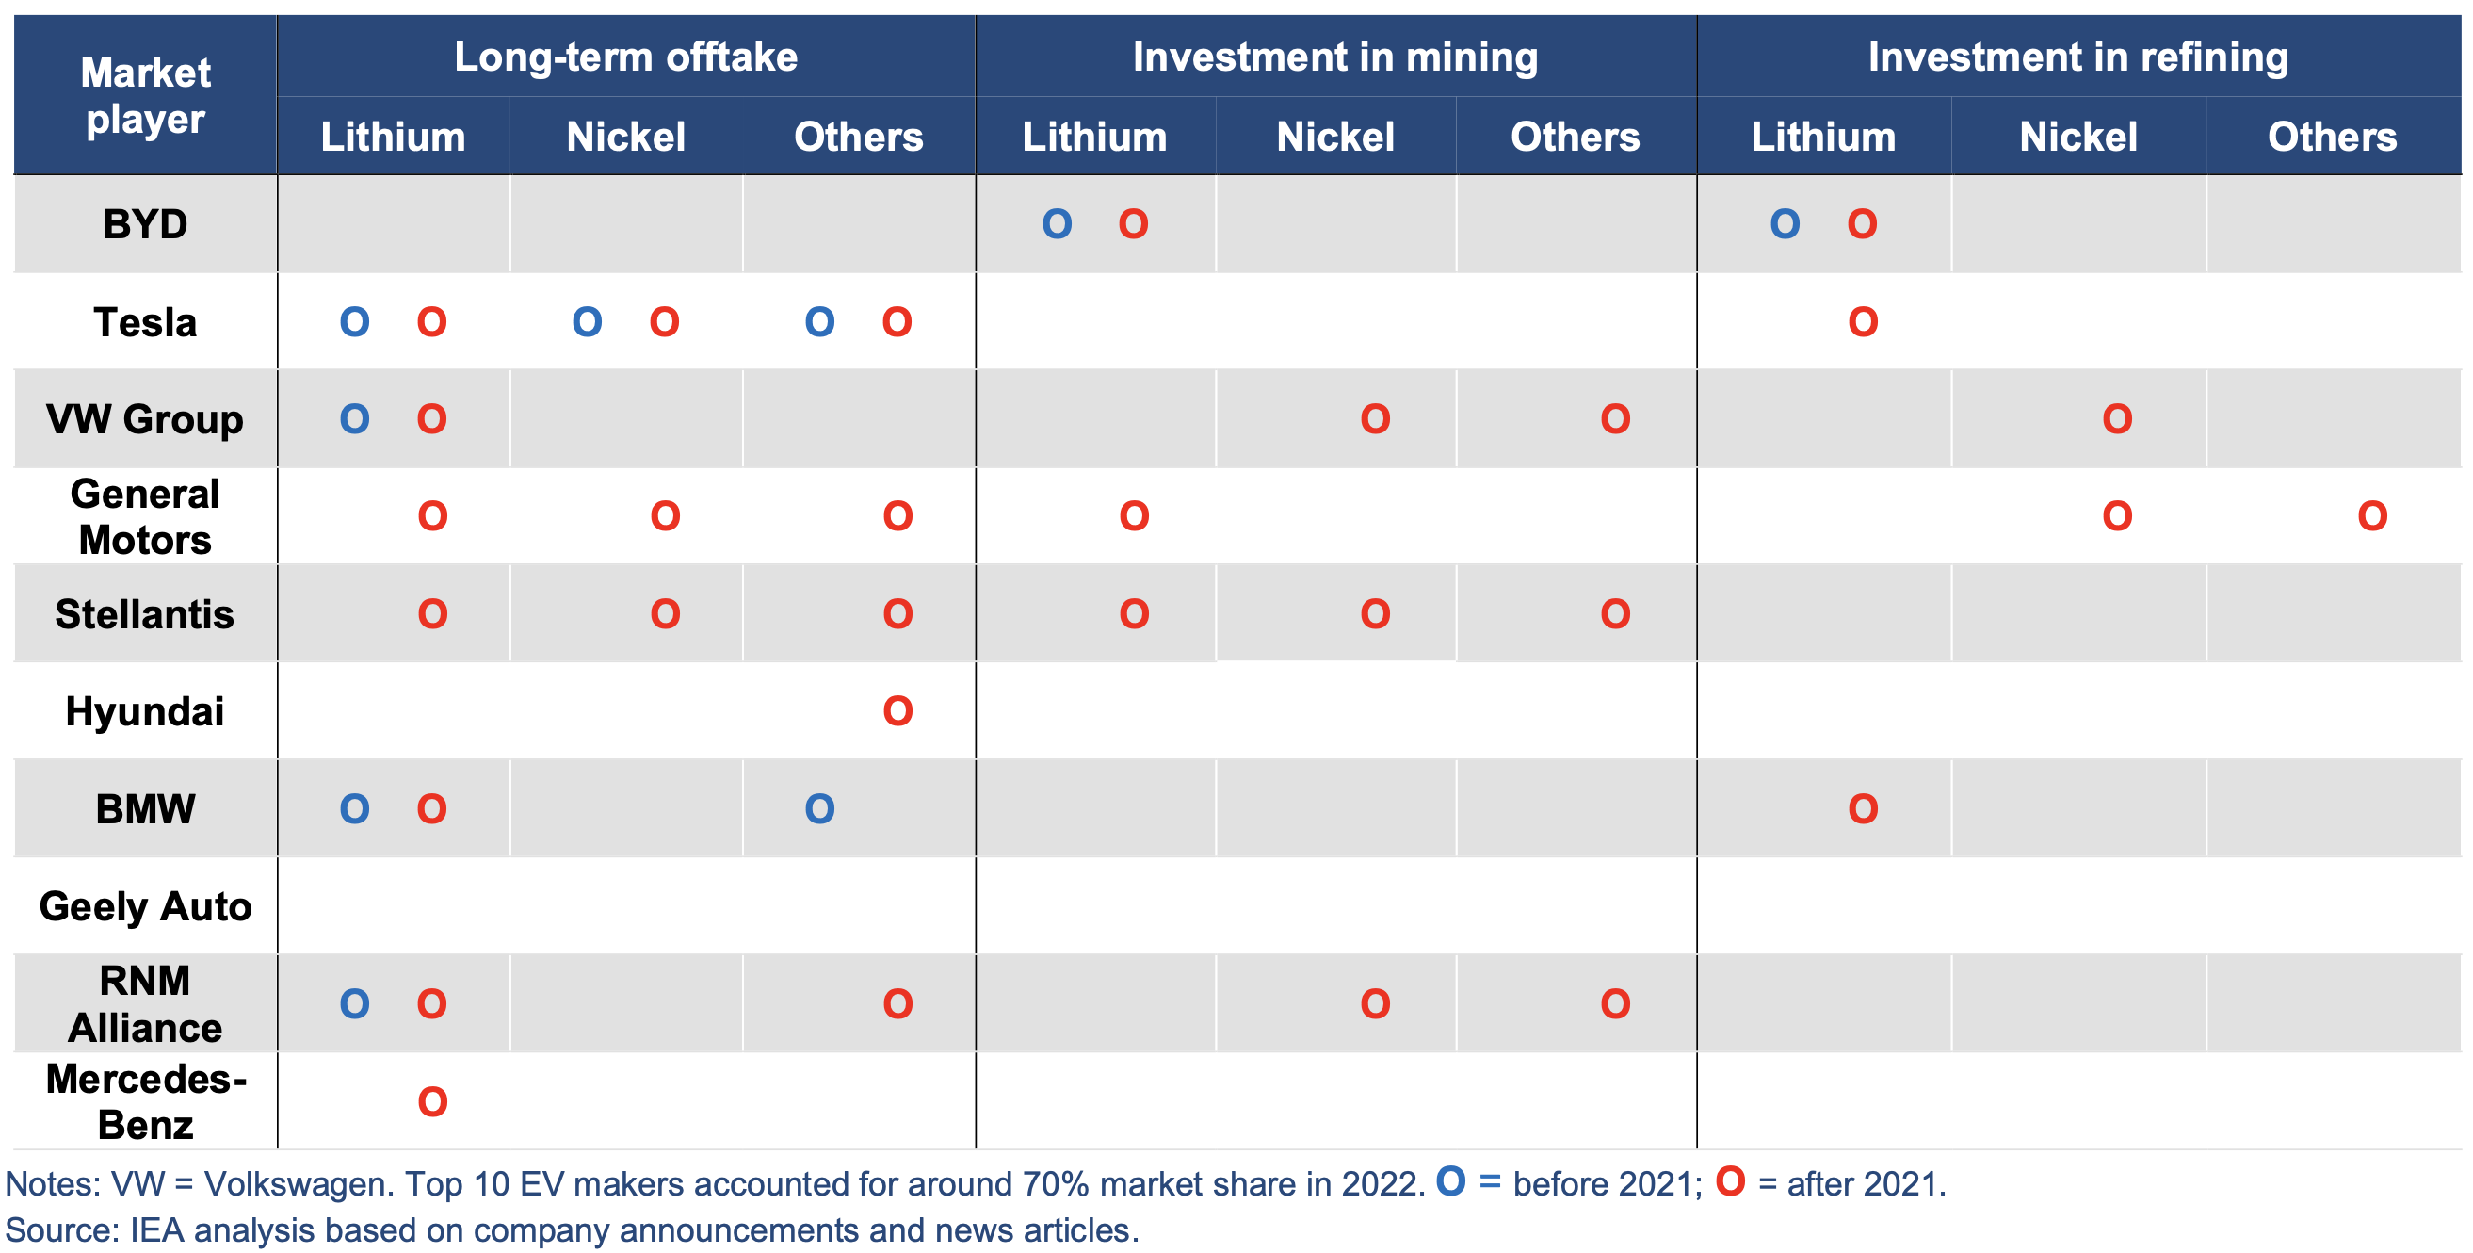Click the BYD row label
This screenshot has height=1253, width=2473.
tap(145, 224)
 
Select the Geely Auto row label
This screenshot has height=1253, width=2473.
tap(145, 906)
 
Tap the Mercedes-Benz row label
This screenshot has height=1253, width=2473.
tap(145, 1101)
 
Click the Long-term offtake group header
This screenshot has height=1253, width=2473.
tap(626, 57)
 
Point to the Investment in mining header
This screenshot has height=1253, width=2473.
tap(1335, 57)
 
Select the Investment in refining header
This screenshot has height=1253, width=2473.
tap(2078, 57)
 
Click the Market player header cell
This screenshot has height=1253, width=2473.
tap(145, 95)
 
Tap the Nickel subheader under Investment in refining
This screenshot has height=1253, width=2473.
tap(2078, 137)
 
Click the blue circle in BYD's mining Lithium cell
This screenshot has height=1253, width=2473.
tap(1057, 224)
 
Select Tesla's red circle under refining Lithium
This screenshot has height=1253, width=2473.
tap(1864, 322)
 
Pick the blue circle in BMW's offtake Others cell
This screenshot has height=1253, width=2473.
tap(820, 809)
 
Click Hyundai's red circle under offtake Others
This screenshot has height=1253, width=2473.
tap(897, 711)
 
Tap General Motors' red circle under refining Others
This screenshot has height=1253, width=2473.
tap(2372, 516)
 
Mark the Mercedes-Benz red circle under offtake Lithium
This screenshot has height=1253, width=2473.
tap(433, 1102)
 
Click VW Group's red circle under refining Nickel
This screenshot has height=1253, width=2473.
tap(2118, 419)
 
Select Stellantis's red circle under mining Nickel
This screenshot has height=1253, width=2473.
tap(1376, 614)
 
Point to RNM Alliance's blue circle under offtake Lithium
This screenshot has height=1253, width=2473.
tap(355, 1004)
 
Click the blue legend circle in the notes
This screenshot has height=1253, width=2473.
tap(1450, 1181)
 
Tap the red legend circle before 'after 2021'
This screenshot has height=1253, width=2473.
tap(1731, 1181)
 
